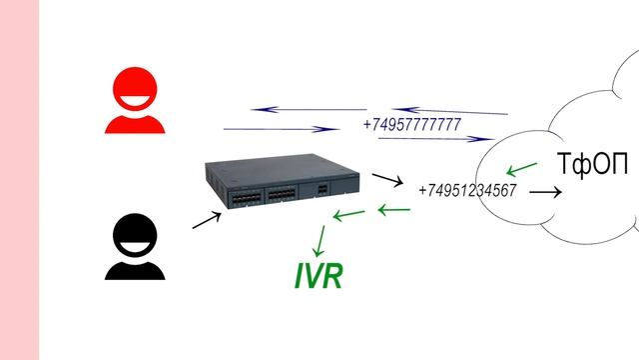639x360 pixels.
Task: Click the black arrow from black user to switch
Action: point(207,219)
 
